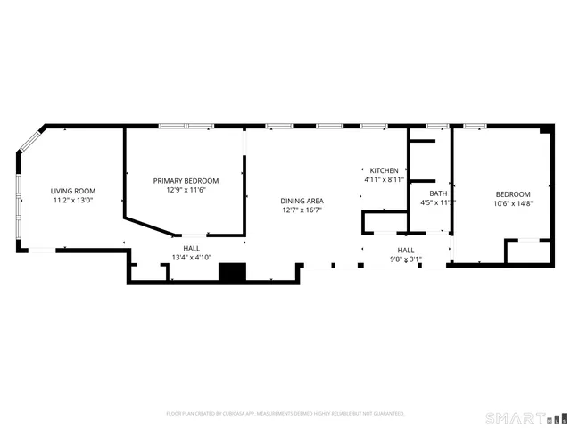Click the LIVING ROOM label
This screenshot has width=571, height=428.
point(73,191)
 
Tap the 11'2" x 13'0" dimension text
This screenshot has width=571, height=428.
point(73,201)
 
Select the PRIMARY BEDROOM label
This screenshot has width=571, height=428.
point(186,180)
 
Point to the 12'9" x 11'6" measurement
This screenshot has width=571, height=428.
point(186,190)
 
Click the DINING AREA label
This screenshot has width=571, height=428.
point(302,201)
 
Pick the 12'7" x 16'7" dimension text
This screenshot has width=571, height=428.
point(302,210)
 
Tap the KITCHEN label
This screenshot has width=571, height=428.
point(385,169)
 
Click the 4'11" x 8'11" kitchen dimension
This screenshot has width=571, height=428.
point(385,179)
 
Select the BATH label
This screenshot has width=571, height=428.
point(438,193)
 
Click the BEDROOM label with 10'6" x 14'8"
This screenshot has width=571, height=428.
point(513,194)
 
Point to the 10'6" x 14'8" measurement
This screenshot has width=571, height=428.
point(513,204)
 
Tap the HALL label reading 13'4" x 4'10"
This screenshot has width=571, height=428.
point(192,248)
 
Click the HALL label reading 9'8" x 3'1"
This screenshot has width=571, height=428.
point(406,250)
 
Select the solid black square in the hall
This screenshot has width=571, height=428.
point(232,273)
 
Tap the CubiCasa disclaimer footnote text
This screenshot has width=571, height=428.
point(285,414)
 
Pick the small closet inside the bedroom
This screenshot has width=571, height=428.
point(528,251)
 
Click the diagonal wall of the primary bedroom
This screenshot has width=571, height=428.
point(149,225)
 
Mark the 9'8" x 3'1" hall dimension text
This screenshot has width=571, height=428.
point(406,259)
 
